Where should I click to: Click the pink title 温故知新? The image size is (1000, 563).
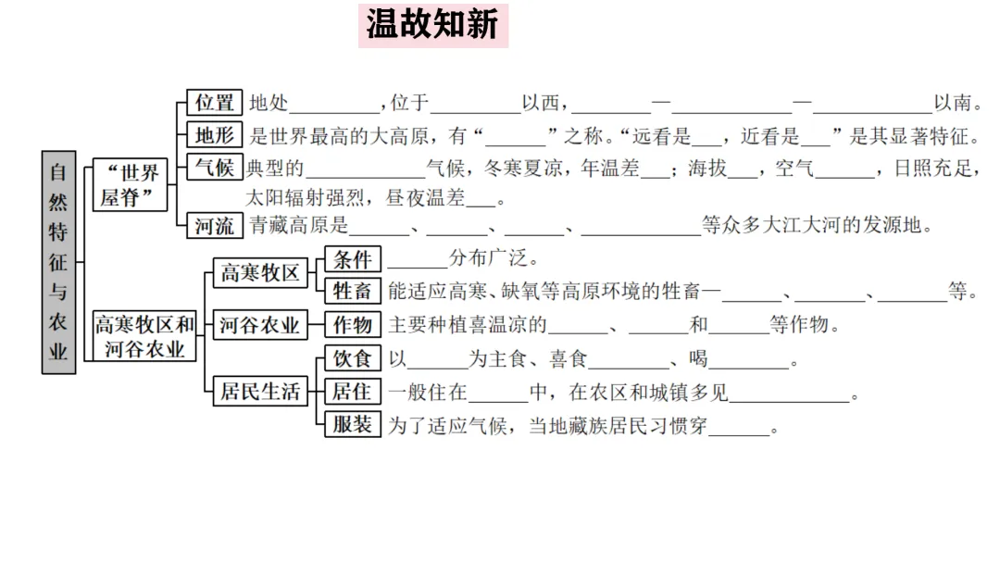[x=432, y=25]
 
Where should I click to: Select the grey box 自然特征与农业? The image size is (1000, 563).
[x=58, y=262]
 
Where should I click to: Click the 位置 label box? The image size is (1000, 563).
[x=214, y=103]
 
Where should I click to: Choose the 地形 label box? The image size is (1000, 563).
[x=214, y=135]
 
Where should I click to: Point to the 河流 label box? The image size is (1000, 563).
[x=214, y=224]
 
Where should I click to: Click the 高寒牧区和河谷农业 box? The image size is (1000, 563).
[x=145, y=336]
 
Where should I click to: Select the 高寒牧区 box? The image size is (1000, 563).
[x=259, y=273]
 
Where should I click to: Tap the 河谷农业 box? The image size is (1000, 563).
[x=259, y=326]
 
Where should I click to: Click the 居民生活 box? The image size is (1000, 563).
[x=259, y=392]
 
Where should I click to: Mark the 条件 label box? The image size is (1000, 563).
[x=352, y=258]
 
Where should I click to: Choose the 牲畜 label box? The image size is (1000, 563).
[x=352, y=291]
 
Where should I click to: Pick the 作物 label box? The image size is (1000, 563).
[x=352, y=325]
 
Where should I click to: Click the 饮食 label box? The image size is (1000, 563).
[x=352, y=359]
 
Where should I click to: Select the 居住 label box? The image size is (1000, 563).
[x=352, y=392]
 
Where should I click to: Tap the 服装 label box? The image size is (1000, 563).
[x=352, y=425]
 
